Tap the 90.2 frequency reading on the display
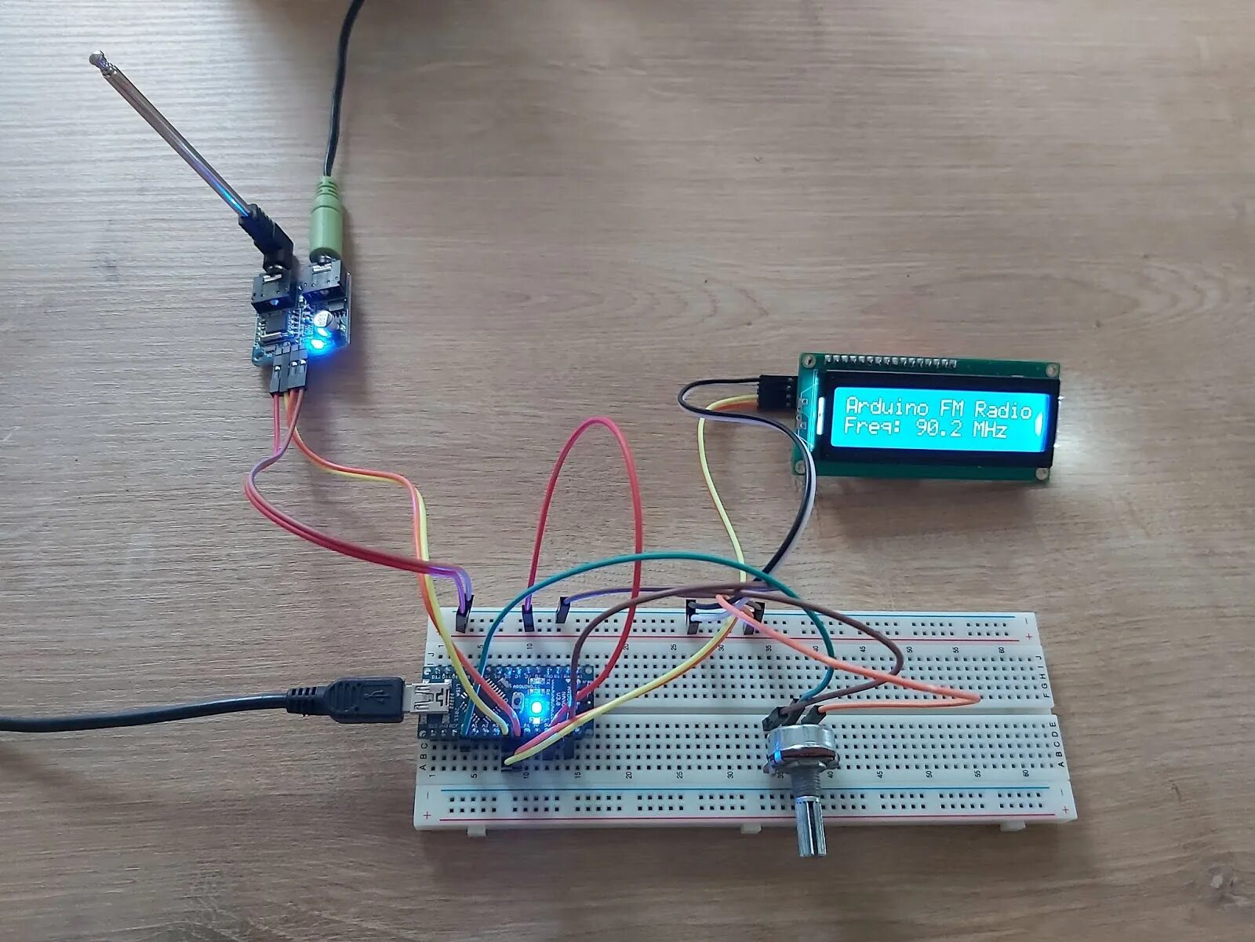[941, 430]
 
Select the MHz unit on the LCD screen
[990, 430]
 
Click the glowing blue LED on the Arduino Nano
[537, 707]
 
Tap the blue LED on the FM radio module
[318, 343]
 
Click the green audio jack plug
[326, 224]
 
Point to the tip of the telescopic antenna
[98, 57]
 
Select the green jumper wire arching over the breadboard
[667, 559]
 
